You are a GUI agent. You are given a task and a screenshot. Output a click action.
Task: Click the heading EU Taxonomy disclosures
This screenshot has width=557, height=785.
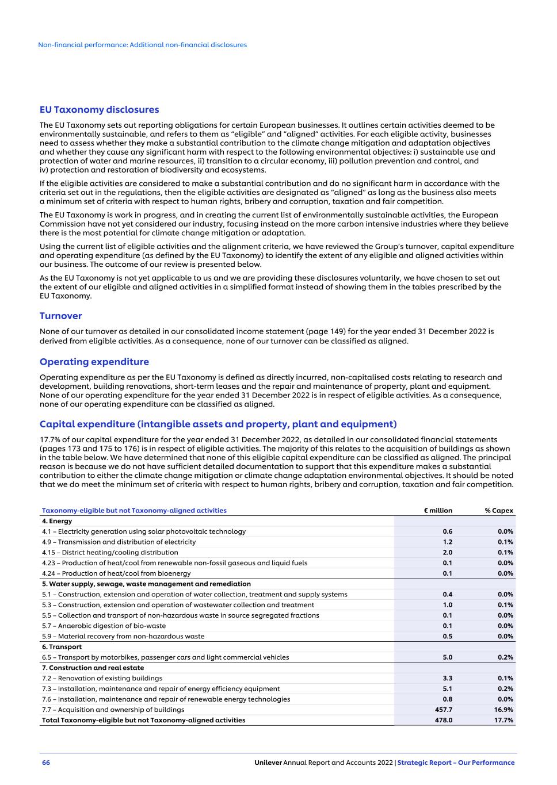coord(99,110)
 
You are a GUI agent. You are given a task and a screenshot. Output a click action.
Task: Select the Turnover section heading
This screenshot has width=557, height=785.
coord(60,316)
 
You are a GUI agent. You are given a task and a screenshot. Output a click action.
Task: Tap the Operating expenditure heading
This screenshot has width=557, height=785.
coord(94,362)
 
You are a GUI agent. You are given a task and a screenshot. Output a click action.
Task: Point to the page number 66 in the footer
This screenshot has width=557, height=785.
coord(46,763)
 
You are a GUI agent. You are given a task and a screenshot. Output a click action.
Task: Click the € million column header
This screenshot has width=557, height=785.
coord(438,511)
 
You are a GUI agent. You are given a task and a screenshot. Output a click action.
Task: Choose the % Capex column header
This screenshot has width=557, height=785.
coord(498,511)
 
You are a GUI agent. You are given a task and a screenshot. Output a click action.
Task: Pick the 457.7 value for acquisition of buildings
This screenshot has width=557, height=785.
coord(443,710)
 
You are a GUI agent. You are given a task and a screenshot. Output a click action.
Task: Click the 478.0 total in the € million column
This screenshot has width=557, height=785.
coord(443,720)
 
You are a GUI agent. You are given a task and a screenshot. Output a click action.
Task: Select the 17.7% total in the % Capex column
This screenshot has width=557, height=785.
coord(503,720)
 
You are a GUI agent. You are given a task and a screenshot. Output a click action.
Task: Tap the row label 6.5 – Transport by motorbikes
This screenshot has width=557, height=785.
coord(165,657)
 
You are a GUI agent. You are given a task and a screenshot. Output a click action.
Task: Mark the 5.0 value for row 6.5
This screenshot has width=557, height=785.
coord(447,657)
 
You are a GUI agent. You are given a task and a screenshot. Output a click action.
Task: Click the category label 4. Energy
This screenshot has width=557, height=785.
coord(57,521)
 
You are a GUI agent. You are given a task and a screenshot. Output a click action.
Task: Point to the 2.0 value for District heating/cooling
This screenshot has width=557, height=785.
coord(447,553)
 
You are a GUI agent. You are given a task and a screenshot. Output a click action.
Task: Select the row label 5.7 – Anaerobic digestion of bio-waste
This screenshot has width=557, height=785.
coord(104,626)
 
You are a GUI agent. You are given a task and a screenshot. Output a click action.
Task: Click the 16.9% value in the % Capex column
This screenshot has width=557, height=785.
coord(503,710)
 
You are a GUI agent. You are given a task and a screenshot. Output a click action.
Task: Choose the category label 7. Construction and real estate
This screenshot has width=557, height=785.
coord(93,668)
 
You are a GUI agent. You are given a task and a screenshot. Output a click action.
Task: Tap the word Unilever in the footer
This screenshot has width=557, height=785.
coord(268,763)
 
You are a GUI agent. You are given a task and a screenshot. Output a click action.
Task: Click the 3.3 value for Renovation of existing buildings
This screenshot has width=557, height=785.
coord(447,679)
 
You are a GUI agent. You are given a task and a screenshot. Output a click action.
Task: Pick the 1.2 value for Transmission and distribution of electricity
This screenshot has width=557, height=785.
coord(447,542)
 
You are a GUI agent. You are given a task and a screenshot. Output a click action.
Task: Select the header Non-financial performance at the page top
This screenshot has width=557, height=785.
coord(142,45)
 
